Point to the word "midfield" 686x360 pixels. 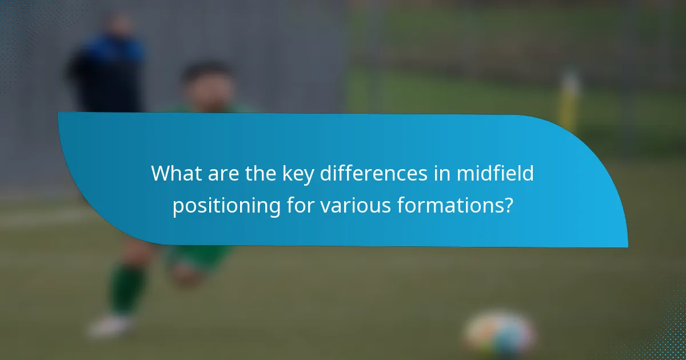tap(494, 174)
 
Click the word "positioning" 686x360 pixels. tap(226, 205)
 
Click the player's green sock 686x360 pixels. tap(127, 289)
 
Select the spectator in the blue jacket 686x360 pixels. tap(109, 69)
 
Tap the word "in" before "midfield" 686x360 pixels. tap(443, 174)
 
